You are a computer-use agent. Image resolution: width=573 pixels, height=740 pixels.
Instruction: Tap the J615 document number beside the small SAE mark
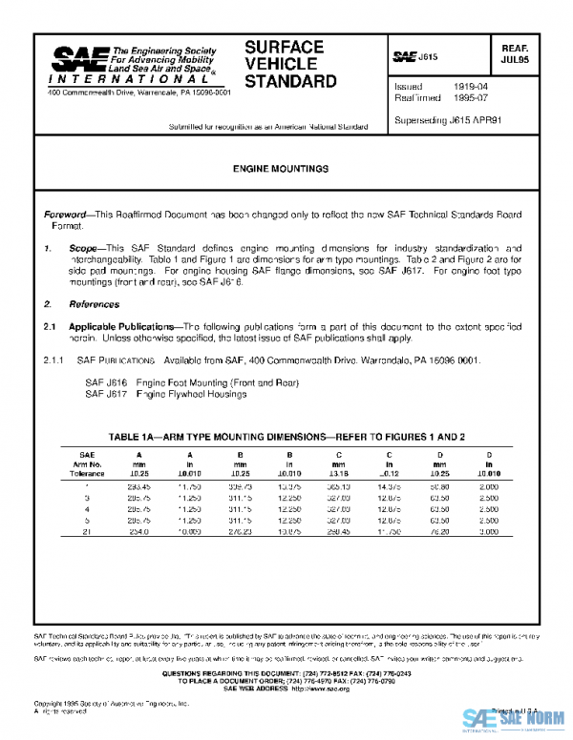429,58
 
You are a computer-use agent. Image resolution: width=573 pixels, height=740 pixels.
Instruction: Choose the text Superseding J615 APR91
442,120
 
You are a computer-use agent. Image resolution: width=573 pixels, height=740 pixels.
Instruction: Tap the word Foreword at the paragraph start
68,216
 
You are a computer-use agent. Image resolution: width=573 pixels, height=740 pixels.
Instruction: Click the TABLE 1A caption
286,436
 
